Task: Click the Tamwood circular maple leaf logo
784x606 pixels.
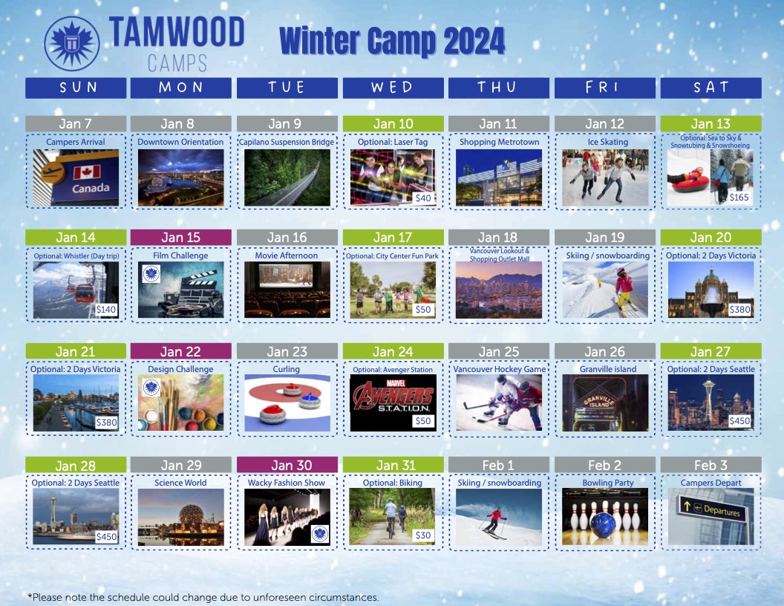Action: click(x=71, y=44)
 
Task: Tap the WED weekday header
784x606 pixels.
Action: click(x=393, y=88)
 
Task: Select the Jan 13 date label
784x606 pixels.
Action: click(x=710, y=123)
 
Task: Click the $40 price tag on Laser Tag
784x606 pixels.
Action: click(x=423, y=198)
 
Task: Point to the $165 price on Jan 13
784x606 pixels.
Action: click(x=739, y=198)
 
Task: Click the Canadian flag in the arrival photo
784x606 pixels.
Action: click(x=88, y=172)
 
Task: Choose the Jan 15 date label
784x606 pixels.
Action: click(x=180, y=238)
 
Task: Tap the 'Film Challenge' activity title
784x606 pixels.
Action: click(x=180, y=255)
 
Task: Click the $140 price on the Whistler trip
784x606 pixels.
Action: click(x=106, y=310)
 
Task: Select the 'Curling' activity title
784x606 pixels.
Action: click(x=286, y=369)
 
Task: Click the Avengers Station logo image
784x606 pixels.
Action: click(x=393, y=403)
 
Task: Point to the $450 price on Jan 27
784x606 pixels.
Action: click(x=739, y=421)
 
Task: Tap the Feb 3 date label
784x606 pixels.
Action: click(x=710, y=465)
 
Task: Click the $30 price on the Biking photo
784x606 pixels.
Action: click(x=423, y=535)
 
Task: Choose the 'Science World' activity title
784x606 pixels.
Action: click(x=180, y=483)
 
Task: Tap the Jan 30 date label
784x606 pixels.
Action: click(x=292, y=465)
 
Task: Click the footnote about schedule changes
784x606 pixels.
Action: click(x=203, y=598)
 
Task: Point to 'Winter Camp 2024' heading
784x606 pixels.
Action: click(x=392, y=41)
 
